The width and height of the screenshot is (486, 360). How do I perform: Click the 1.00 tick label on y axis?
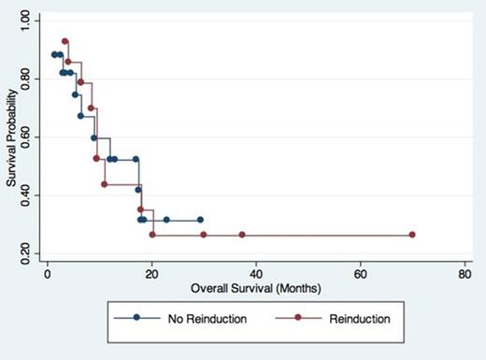click(x=31, y=21)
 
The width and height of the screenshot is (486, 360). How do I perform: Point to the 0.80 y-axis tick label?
click(x=31, y=79)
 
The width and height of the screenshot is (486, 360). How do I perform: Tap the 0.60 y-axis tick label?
click(x=31, y=137)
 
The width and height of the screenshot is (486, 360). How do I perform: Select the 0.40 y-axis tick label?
click(x=31, y=194)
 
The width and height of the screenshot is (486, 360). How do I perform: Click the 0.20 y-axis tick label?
click(x=31, y=252)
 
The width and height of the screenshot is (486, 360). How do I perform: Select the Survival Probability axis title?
click(x=12, y=136)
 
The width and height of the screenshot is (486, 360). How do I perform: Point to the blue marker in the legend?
click(x=137, y=318)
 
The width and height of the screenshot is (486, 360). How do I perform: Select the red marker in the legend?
click(x=298, y=318)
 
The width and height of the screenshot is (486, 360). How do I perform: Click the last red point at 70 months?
click(x=412, y=235)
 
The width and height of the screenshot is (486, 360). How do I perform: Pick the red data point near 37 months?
click(x=241, y=235)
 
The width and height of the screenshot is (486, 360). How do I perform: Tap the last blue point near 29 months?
click(x=200, y=220)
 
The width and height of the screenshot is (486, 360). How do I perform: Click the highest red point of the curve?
click(x=65, y=41)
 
